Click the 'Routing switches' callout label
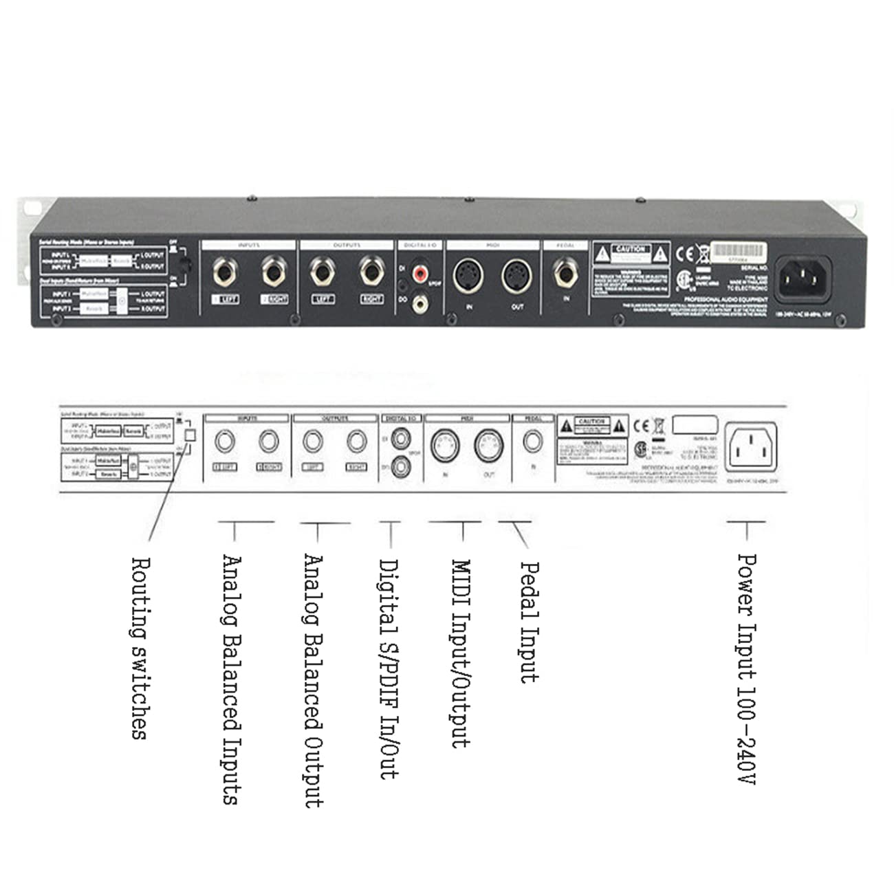tap(139, 648)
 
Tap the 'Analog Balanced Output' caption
tap(314, 681)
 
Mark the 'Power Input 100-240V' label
tap(747, 668)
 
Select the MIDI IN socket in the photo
tap(469, 276)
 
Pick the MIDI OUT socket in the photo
tap(517, 276)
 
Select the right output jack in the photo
tap(371, 272)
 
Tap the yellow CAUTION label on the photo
tap(631, 252)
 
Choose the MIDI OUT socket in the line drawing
tap(489, 446)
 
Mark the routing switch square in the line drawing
tap(190, 435)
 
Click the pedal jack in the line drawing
tap(533, 441)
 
